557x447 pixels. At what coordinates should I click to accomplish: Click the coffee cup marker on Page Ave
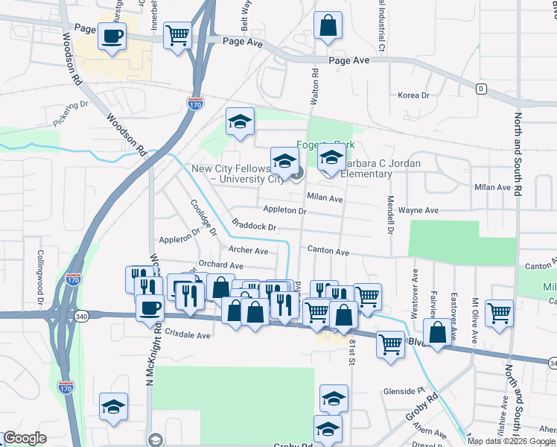tap(112, 36)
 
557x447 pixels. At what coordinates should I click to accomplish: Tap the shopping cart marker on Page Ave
tap(177, 35)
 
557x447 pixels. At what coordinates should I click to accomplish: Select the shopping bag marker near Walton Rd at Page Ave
tap(328, 26)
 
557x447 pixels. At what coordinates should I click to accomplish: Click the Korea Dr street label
tap(414, 95)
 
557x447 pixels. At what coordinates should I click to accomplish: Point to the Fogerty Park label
tap(325, 145)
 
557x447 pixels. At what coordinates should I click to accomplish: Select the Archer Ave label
tap(248, 251)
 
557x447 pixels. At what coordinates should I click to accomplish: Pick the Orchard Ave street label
tap(221, 265)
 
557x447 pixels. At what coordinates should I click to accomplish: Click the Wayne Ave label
tap(417, 211)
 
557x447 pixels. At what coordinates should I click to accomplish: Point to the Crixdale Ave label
tap(188, 335)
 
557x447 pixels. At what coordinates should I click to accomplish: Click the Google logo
tap(25, 438)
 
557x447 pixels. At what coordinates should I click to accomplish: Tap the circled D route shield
tap(481, 89)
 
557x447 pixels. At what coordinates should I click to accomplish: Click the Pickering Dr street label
tap(71, 113)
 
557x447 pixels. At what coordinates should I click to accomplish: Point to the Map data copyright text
tap(511, 440)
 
